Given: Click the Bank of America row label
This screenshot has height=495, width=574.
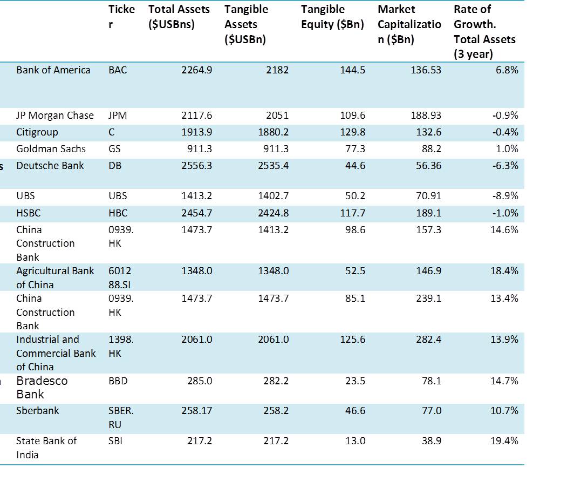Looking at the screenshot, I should [53, 70].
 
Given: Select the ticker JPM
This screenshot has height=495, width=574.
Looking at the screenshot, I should [118, 116].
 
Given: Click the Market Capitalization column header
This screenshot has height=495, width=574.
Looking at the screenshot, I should [409, 24].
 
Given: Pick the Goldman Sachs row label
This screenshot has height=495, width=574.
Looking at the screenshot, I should [51, 149].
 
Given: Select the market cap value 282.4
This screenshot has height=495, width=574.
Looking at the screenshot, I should [429, 340].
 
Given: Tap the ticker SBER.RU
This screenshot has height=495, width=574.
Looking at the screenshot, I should [121, 417].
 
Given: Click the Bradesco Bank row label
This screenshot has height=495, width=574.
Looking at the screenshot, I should [42, 387].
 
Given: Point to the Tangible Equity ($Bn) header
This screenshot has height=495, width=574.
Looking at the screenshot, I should [332, 17].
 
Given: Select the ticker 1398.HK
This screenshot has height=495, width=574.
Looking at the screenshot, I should [121, 346].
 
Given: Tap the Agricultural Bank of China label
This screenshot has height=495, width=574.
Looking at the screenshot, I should [54, 277].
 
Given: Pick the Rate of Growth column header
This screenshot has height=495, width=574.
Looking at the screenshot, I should [484, 31].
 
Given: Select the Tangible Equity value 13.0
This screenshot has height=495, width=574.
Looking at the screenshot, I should [355, 441].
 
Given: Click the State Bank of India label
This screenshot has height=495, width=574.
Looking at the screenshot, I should [46, 447].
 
